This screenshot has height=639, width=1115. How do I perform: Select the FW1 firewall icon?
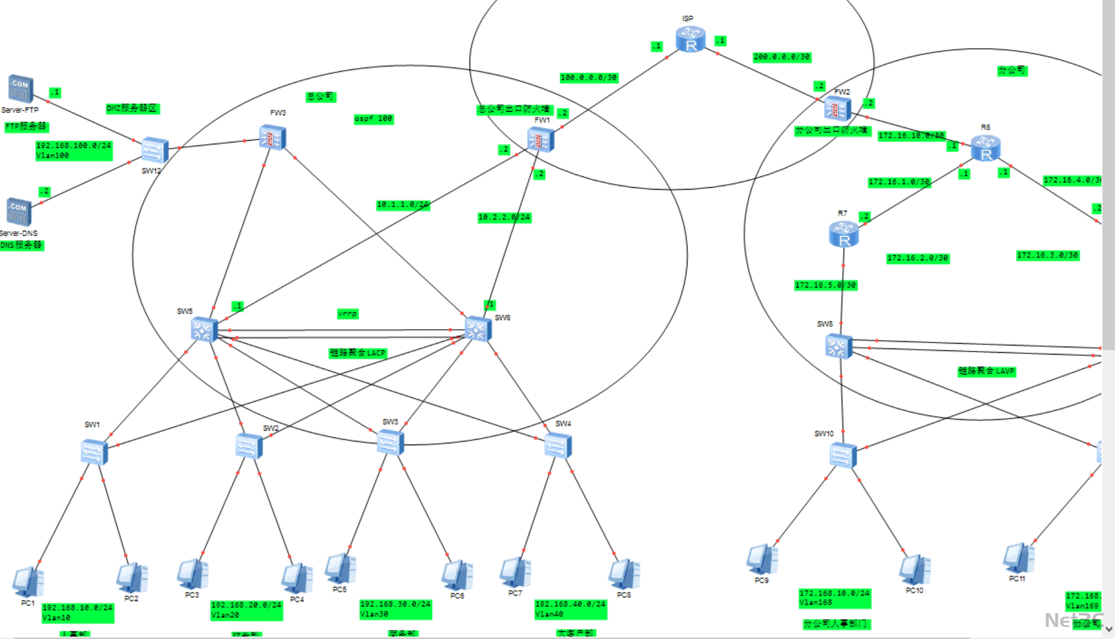tap(540, 140)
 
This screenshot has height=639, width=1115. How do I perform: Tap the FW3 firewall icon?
tap(272, 137)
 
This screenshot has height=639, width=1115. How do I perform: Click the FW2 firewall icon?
tap(837, 109)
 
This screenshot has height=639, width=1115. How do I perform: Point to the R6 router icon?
tap(985, 148)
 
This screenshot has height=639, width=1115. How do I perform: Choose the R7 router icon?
tap(843, 234)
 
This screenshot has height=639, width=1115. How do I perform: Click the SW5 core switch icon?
tap(204, 330)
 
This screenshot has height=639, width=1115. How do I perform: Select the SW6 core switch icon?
tap(478, 329)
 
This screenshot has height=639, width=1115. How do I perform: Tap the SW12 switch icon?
tap(155, 150)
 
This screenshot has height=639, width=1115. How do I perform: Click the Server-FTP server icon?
tap(20, 89)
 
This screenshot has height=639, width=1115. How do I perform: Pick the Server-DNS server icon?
tap(19, 212)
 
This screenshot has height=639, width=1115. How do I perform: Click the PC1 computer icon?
tap(28, 582)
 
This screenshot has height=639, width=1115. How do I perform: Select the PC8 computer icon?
tap(624, 574)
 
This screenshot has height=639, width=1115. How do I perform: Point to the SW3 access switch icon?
tap(390, 442)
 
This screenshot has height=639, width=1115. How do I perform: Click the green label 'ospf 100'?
tap(373, 119)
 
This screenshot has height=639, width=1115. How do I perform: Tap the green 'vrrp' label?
tap(348, 314)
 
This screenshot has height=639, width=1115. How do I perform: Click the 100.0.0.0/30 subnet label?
tap(589, 77)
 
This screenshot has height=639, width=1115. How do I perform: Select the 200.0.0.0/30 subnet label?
tap(782, 57)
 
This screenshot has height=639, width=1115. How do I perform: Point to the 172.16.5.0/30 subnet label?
tap(825, 285)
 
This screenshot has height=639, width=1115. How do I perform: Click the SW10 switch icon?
tap(843, 455)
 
